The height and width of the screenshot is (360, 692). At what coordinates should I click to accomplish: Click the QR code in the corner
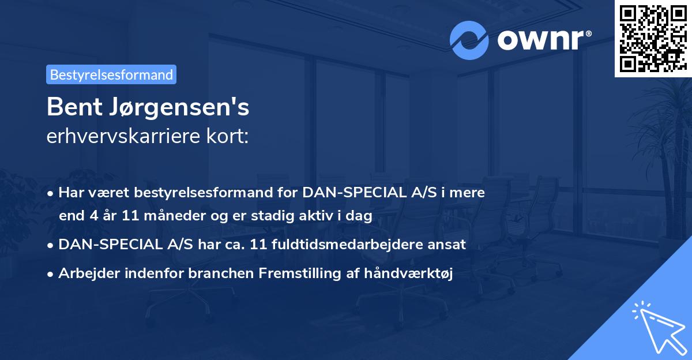pos(653,38)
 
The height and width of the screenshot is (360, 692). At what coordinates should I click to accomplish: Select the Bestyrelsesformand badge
pos(111,74)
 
